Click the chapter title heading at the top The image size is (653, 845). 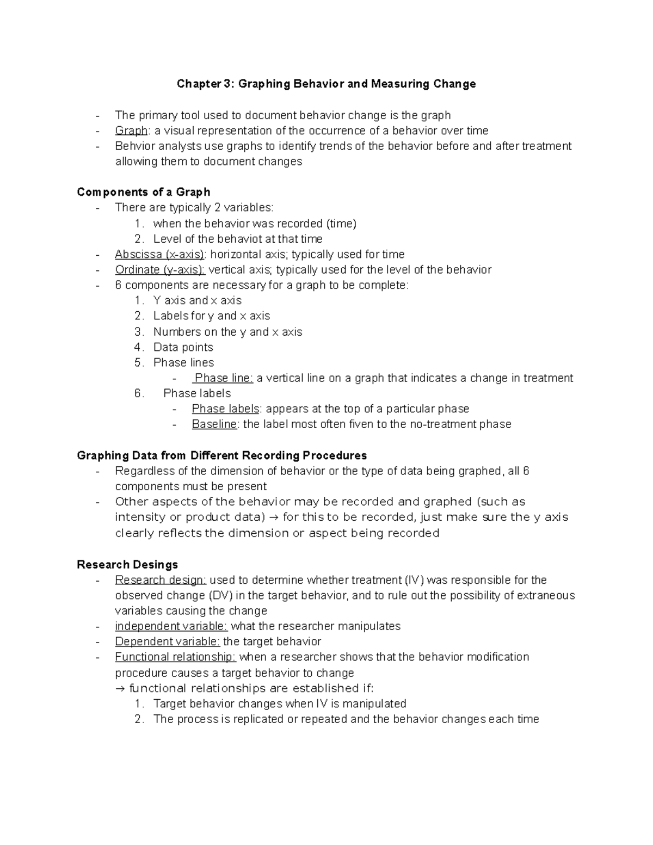pyautogui.click(x=326, y=84)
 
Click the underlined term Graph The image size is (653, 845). pyautogui.click(x=131, y=131)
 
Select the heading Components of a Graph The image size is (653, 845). pyautogui.click(x=144, y=192)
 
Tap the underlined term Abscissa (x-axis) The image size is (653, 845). pyautogui.click(x=160, y=254)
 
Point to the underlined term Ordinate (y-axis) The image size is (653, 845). pyautogui.click(x=160, y=269)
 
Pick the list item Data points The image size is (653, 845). pyautogui.click(x=183, y=347)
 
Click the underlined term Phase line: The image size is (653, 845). pyautogui.click(x=223, y=378)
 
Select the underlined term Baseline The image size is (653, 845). pyautogui.click(x=214, y=424)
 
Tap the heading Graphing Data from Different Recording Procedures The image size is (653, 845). pyautogui.click(x=222, y=455)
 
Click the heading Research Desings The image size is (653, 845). pyautogui.click(x=127, y=564)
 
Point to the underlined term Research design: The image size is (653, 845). pyautogui.click(x=161, y=579)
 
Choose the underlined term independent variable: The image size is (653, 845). pyautogui.click(x=171, y=626)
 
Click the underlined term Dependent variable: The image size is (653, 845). pyautogui.click(x=168, y=642)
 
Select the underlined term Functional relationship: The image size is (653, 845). pyautogui.click(x=175, y=657)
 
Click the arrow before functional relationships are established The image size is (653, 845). pyautogui.click(x=121, y=688)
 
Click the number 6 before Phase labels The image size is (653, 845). pyautogui.click(x=138, y=393)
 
